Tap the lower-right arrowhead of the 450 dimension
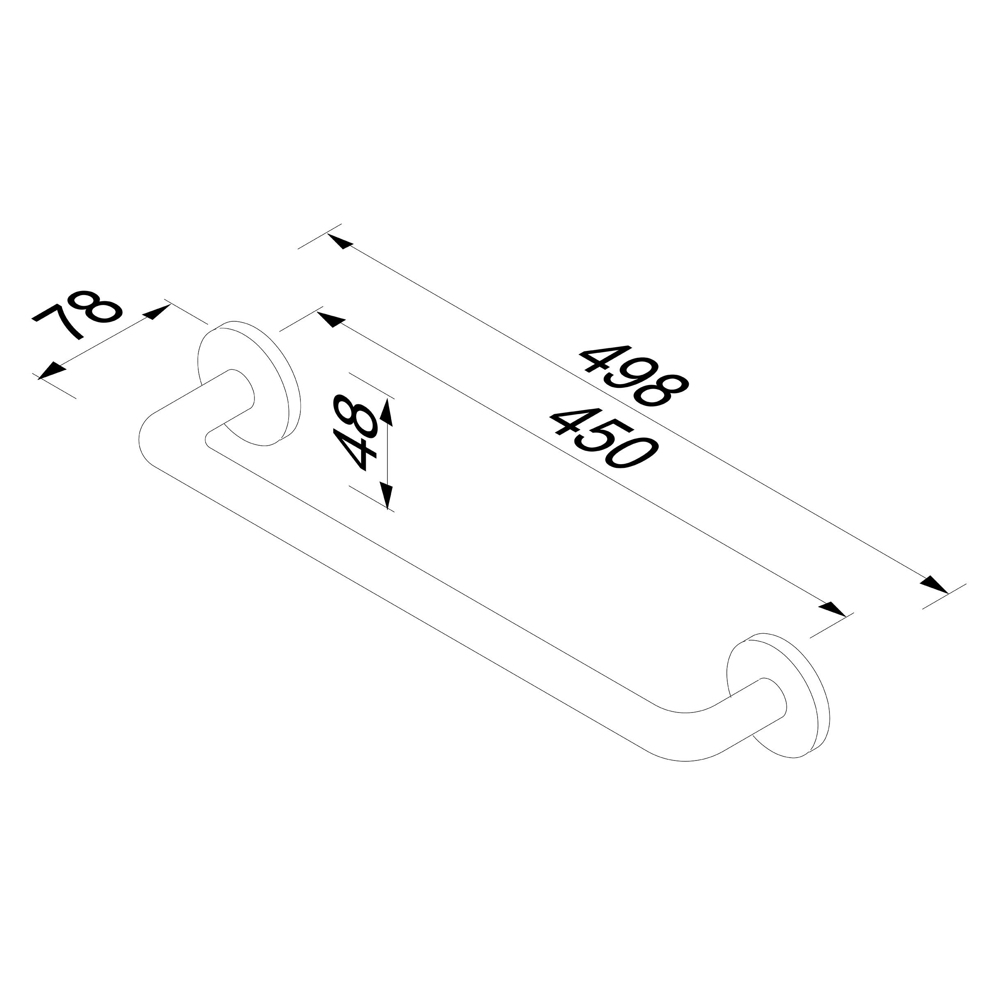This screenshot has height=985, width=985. point(833,609)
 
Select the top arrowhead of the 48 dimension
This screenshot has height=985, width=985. point(387,412)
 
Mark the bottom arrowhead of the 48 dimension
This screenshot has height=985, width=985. point(387,495)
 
